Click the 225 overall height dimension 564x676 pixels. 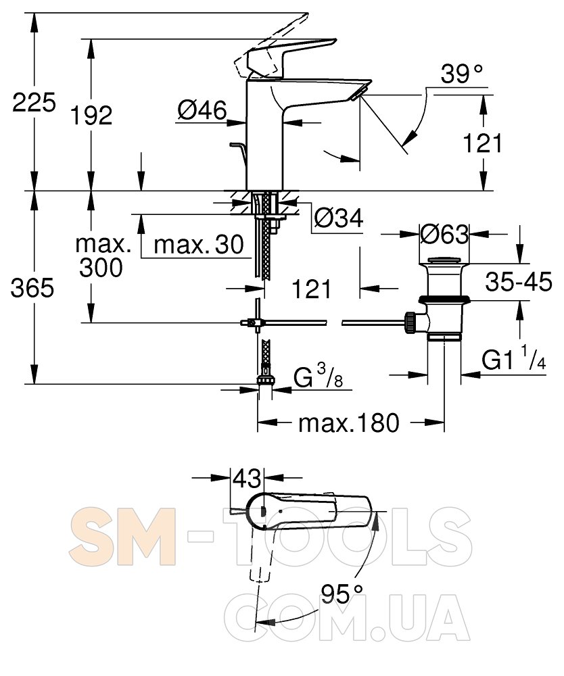(34, 103)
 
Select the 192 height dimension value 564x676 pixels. (91, 115)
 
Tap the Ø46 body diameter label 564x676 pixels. (202, 110)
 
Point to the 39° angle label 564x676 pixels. (462, 74)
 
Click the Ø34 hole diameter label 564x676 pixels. (339, 218)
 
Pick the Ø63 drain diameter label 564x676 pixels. (444, 235)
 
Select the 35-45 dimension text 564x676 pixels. (518, 282)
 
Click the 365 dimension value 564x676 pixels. (32, 287)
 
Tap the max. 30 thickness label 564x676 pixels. (199, 245)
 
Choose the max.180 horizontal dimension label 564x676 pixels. (349, 423)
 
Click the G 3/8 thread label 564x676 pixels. (319, 376)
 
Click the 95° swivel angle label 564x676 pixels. (342, 594)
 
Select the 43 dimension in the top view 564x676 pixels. (247, 479)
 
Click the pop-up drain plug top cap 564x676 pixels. (444, 261)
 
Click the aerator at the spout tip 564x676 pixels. (358, 93)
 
